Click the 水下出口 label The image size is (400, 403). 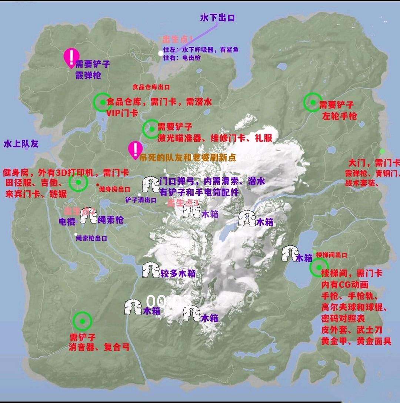[x=217, y=17]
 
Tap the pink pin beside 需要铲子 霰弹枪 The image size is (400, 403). [x=71, y=57]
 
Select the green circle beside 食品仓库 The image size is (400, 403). [x=103, y=102]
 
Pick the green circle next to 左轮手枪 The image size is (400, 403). [x=313, y=102]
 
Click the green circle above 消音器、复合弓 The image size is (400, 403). [x=82, y=321]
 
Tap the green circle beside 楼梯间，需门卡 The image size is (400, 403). [x=319, y=267]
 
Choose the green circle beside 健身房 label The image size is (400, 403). [x=78, y=182]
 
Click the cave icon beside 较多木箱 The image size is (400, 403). [x=151, y=270]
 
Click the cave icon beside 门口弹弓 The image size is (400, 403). [x=150, y=184]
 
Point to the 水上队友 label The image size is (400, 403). [x=21, y=144]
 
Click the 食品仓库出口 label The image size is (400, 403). [x=151, y=87]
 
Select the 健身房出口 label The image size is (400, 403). [x=114, y=189]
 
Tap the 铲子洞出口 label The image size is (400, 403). [x=140, y=200]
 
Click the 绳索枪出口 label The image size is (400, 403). [x=91, y=238]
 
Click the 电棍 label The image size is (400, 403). [x=67, y=221]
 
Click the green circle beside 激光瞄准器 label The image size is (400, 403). [x=152, y=129]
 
